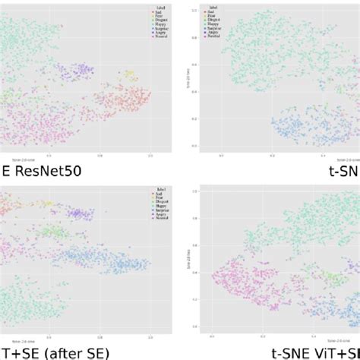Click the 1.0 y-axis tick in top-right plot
click(195, 11)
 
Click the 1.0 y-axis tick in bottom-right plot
click(195, 191)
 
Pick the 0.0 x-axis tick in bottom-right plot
click(212, 334)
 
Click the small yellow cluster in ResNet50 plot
click(129, 74)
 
